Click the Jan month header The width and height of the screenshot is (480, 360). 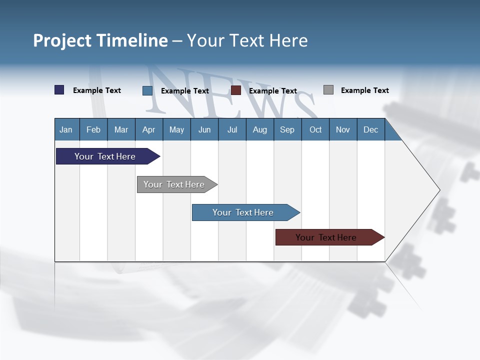point(66,130)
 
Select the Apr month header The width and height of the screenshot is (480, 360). point(148,130)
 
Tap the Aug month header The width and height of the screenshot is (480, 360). point(259,130)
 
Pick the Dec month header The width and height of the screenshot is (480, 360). point(370,130)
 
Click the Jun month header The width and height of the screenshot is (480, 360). point(204,130)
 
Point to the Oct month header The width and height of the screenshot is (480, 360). point(315,130)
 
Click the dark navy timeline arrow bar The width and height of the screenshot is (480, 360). point(105,156)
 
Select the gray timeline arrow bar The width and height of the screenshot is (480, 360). point(174,184)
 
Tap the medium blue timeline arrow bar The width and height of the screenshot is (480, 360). point(243,212)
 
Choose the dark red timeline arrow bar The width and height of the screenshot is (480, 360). point(326,237)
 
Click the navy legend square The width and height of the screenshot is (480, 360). point(59,90)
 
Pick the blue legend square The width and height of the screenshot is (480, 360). point(147,90)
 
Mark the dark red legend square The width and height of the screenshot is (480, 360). point(235,90)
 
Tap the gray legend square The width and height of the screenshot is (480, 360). point(328,90)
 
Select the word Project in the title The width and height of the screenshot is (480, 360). point(62,40)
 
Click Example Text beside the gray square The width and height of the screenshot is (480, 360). point(364,90)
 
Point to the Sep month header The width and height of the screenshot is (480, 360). point(287,130)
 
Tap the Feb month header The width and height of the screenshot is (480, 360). point(93,130)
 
